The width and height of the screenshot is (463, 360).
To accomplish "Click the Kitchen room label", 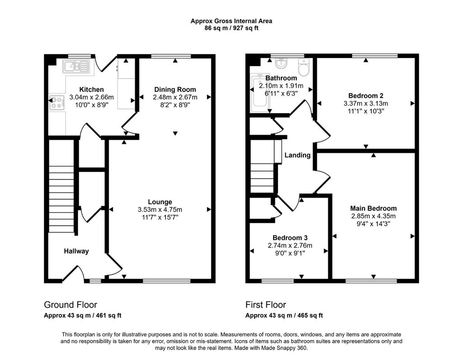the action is click(91, 90).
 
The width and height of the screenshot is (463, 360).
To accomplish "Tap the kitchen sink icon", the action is click(76, 66).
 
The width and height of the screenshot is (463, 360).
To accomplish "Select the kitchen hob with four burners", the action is click(57, 103).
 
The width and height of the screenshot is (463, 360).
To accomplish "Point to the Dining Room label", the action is click(175, 90).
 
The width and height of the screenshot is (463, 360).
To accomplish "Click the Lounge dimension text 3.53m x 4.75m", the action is click(160, 210).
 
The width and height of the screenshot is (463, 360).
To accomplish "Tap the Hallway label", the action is click(76, 251).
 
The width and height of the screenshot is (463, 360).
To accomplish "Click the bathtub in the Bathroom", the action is click(260, 93).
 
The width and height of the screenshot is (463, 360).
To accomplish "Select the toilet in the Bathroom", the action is click(303, 67).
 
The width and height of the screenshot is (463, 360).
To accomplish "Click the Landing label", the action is click(298, 155).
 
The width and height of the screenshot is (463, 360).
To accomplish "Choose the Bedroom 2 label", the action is click(366, 96).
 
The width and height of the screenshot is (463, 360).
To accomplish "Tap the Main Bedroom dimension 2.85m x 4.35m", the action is click(373, 216).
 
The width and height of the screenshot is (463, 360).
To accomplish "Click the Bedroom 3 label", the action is click(290, 238).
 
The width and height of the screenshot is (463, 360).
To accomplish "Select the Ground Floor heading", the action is click(71, 305).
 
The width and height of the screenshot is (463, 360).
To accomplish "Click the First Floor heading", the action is click(266, 305).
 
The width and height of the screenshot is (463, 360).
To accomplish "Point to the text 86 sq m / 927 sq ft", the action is click(231, 28).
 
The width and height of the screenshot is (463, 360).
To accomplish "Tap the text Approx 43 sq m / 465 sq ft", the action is click(284, 315).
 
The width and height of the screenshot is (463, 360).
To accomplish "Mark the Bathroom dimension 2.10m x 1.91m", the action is click(281, 86).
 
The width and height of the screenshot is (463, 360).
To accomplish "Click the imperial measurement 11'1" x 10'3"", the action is click(366, 111).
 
